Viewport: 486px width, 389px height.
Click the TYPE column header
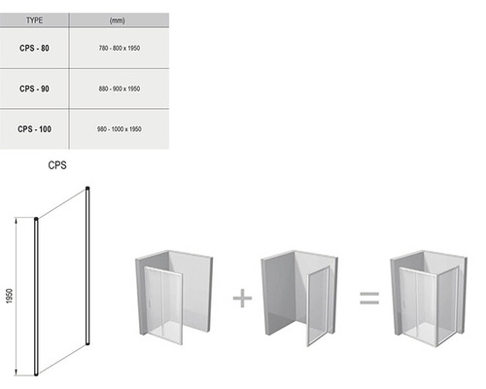pos(34,20)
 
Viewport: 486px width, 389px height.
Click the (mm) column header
pos(117,20)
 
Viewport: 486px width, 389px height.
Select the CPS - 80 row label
pos(34,48)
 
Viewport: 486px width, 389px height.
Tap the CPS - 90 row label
pos(34,88)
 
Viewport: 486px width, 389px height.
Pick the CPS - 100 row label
pos(34,129)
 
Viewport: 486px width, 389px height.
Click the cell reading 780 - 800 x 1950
pos(120,48)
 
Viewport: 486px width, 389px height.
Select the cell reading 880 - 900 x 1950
pos(120,88)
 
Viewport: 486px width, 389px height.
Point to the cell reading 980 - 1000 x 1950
pos(120,129)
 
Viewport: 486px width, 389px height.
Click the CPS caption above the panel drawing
pos(57,165)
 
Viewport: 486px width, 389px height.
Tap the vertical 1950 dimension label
pos(10,296)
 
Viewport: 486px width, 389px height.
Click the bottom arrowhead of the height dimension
pos(16,372)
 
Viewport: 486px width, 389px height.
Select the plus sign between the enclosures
pos(242,298)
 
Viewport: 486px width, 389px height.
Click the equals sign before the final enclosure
pos(369,298)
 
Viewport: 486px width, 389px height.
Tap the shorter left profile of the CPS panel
pos(36,297)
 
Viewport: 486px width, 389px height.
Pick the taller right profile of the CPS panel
pos(87,265)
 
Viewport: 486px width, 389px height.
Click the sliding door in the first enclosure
pos(163,304)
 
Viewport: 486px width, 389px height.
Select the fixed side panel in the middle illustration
pos(318,305)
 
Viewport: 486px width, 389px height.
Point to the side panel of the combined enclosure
pos(448,305)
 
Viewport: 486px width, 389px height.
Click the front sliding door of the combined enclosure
pos(419,305)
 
